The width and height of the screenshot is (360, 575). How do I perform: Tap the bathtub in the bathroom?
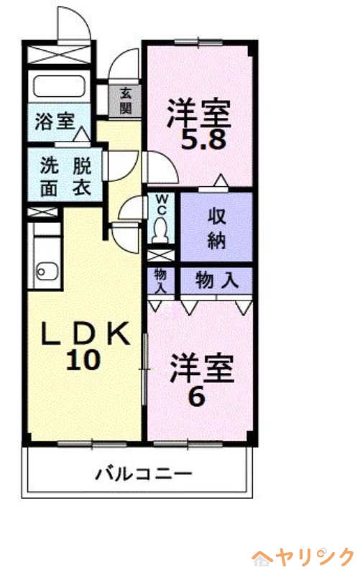pyautogui.click(x=58, y=84)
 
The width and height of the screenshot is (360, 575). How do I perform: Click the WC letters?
pyautogui.click(x=162, y=203)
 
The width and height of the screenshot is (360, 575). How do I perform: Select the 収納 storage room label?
pyautogui.click(x=217, y=226)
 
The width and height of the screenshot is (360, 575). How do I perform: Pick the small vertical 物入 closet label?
pyautogui.click(x=161, y=280)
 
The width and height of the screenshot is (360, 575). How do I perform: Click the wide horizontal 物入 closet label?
pyautogui.click(x=216, y=280)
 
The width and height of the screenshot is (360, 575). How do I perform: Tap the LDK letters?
pyautogui.click(x=84, y=333)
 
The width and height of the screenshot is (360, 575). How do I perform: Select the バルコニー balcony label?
pyautogui.click(x=144, y=474)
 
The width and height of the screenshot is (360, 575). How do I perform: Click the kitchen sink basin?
pyautogui.click(x=47, y=272)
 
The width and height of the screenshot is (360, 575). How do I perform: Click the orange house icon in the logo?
pyautogui.click(x=261, y=558)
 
